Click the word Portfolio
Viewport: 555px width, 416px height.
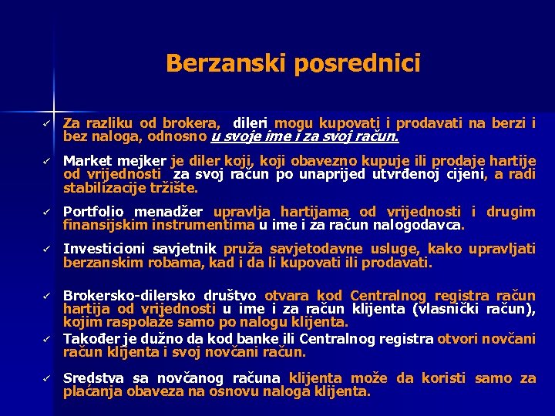(96, 212)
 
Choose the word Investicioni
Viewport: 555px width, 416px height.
(102, 250)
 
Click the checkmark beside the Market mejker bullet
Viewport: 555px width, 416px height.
(46, 161)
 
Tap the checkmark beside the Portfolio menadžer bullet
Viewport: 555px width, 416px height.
(46, 212)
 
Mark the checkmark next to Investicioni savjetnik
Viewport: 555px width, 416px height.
(46, 250)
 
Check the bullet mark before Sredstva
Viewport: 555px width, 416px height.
(46, 378)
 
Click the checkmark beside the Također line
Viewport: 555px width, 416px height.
(46, 338)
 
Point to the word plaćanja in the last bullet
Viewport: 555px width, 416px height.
(91, 391)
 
